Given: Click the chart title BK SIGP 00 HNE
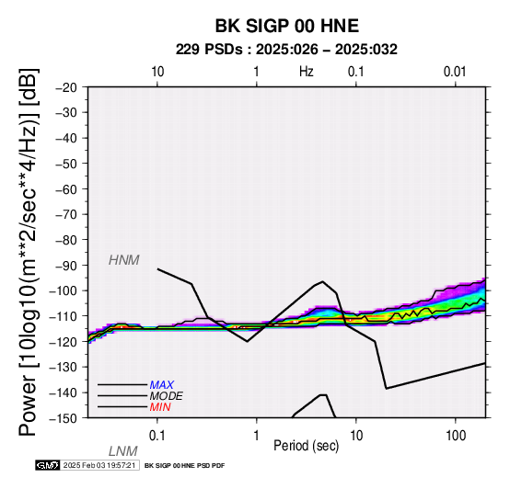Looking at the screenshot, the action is click(287, 26).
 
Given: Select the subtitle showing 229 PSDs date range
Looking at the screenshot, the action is click(286, 50).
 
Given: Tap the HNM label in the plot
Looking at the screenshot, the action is click(124, 260).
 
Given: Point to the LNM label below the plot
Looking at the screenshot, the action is click(123, 451).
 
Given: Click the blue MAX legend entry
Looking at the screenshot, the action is click(162, 385).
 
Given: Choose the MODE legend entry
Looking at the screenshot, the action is click(167, 396).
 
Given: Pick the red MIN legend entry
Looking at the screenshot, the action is click(160, 407).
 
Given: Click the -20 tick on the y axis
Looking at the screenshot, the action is click(66, 87).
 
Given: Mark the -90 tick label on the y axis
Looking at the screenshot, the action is click(66, 266).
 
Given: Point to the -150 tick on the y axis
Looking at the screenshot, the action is click(64, 418).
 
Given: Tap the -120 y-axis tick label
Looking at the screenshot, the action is click(64, 342).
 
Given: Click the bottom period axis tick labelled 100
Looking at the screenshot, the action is click(456, 436).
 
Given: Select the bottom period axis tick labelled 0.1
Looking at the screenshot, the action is click(157, 436).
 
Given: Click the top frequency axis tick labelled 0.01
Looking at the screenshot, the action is click(455, 72).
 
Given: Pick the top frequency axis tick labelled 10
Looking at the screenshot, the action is click(157, 72).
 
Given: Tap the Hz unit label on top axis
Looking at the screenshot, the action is click(307, 72).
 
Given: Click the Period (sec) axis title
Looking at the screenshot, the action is click(306, 446).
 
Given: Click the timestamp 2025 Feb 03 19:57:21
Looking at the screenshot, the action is click(99, 465).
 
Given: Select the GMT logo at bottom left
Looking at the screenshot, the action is click(48, 465).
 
